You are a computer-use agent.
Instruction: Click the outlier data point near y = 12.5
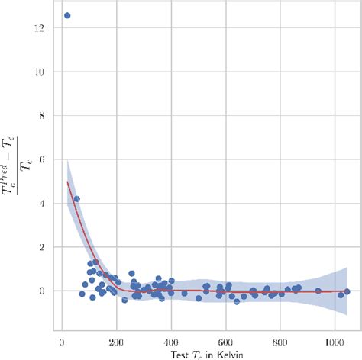[67, 15]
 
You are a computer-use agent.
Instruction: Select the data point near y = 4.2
[76, 199]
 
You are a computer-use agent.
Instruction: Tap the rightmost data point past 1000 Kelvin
[347, 291]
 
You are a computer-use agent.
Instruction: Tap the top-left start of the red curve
[68, 182]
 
